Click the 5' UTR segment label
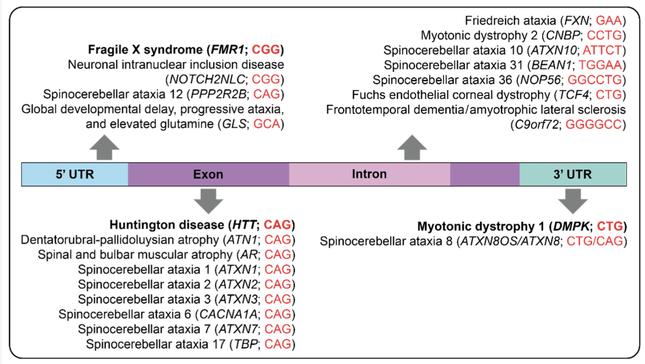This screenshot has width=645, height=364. point(75,174)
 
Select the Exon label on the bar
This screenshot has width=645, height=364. point(208,174)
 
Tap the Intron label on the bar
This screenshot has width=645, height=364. point(369,174)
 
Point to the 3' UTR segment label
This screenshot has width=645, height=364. point(572,174)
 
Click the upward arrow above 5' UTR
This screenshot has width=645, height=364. point(105,147)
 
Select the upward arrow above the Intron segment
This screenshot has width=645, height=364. point(412,147)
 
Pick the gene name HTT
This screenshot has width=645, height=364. point(244,225)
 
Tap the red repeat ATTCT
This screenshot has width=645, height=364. point(602,50)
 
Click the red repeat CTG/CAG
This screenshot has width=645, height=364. point(595,241)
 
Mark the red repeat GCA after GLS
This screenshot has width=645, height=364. point(267,124)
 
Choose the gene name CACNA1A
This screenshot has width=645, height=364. point(228,314)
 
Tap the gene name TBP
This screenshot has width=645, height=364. point(246,344)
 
